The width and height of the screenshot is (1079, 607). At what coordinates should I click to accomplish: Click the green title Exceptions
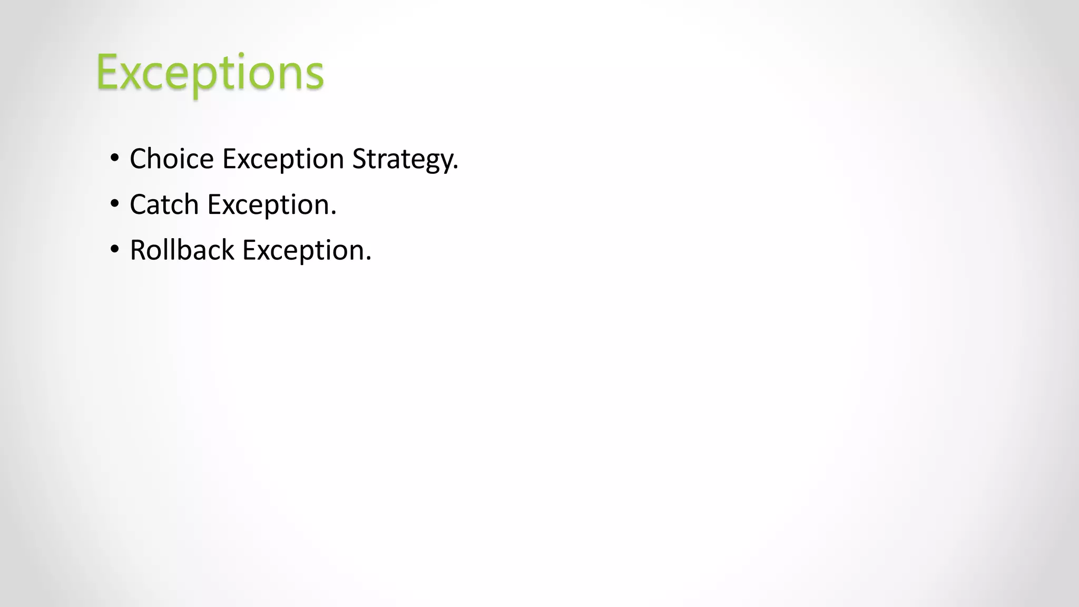(x=210, y=72)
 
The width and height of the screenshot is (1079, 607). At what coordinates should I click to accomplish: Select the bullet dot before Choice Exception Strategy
(x=115, y=158)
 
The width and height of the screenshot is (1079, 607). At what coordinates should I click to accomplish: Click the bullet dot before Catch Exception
(x=115, y=204)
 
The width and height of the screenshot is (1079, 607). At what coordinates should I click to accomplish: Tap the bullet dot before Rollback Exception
(x=115, y=249)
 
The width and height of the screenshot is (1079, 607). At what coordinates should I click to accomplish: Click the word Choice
(x=172, y=159)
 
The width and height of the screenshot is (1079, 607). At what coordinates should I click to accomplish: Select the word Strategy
(x=403, y=159)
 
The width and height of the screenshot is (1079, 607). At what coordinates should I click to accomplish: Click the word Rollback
(x=182, y=250)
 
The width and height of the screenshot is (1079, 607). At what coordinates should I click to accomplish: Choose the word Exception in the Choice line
(x=283, y=159)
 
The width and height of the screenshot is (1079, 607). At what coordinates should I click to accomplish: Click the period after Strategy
(x=456, y=168)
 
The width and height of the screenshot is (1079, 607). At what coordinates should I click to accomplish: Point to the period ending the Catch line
(x=333, y=214)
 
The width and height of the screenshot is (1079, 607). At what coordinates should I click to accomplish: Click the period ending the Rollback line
(x=369, y=259)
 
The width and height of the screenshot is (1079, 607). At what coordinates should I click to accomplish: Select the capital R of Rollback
(x=138, y=250)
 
